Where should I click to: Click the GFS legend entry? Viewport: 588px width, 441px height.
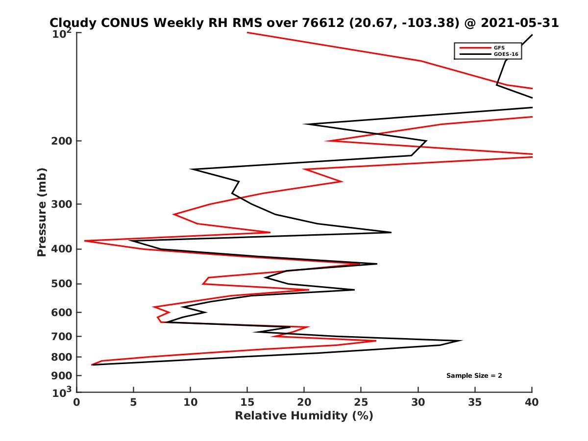pos(498,48)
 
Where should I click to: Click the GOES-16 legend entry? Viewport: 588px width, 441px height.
pos(505,54)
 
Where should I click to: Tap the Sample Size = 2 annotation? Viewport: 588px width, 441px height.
pos(474,376)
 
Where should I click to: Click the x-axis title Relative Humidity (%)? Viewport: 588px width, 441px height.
pos(304,416)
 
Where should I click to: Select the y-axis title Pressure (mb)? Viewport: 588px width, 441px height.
pos(42,212)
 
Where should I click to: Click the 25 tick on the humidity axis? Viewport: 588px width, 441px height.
pos(361,402)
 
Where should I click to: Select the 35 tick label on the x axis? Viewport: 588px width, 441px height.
pos(475,402)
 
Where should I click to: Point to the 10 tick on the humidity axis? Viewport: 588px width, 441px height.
pos(190,402)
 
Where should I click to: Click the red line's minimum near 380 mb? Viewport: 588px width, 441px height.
pos(85,241)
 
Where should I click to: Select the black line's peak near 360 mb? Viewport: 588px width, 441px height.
pos(391,232)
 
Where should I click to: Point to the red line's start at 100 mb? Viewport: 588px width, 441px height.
pos(247,33)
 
